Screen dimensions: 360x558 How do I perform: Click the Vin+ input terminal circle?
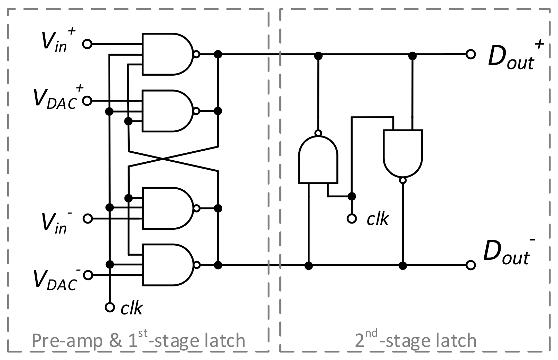pos(87,44)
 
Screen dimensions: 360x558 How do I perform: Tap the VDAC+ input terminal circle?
pos(87,101)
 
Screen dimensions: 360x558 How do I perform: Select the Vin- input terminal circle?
pos(87,218)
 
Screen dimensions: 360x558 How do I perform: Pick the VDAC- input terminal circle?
pos(88,275)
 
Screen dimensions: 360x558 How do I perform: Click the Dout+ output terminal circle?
pos(471,54)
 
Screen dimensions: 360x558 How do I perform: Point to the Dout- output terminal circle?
pos(471,265)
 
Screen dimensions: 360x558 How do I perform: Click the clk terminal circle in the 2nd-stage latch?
pos(352,219)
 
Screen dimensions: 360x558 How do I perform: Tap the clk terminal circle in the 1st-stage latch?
pos(110,307)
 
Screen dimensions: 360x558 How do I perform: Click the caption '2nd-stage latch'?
pos(416,340)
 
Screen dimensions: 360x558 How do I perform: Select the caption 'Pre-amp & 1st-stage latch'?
pos(138,340)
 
